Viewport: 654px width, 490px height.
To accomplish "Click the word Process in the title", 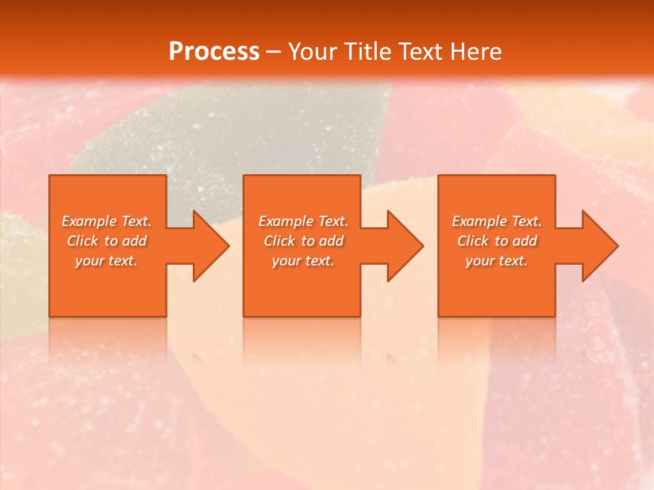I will [214, 52].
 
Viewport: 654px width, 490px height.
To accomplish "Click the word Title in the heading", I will [367, 52].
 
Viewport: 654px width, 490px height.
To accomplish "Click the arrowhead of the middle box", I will [405, 246].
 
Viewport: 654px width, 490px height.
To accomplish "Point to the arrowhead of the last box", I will [599, 246].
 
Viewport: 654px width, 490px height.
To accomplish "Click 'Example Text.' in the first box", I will [106, 221].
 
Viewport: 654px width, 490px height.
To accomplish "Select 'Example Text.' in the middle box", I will [303, 221].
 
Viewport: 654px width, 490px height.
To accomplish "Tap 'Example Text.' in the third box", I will [497, 221].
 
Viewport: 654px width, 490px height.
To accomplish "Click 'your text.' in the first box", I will [106, 261].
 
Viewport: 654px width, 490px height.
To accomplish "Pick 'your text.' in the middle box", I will [303, 261].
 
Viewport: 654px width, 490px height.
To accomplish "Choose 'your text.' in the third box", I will [497, 261].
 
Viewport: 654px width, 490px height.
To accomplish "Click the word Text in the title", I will [417, 52].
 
